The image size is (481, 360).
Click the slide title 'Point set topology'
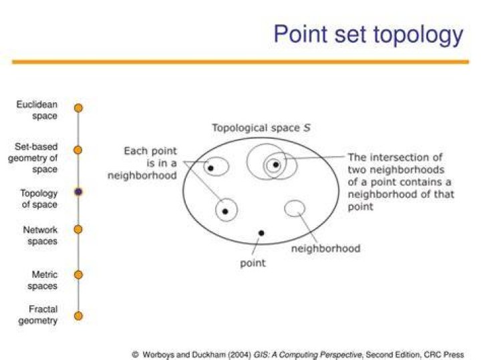368,35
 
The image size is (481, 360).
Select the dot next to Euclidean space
79,108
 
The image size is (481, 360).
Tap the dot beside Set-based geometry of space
78,150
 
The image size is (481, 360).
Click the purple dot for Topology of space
79,192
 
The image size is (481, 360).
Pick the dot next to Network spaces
78,229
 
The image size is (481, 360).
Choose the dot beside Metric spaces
79,275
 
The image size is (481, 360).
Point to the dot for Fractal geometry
79,316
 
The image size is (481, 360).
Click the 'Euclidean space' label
37,110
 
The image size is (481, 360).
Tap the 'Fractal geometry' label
38,315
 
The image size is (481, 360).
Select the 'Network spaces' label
40,236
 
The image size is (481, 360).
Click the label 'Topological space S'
261,128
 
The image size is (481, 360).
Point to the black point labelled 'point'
261,233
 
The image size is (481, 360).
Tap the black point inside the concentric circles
276,165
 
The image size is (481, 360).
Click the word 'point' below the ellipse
253,263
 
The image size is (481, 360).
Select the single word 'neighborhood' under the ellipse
326,248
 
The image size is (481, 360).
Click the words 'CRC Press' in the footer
444,355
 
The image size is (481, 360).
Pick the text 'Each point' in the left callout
150,151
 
